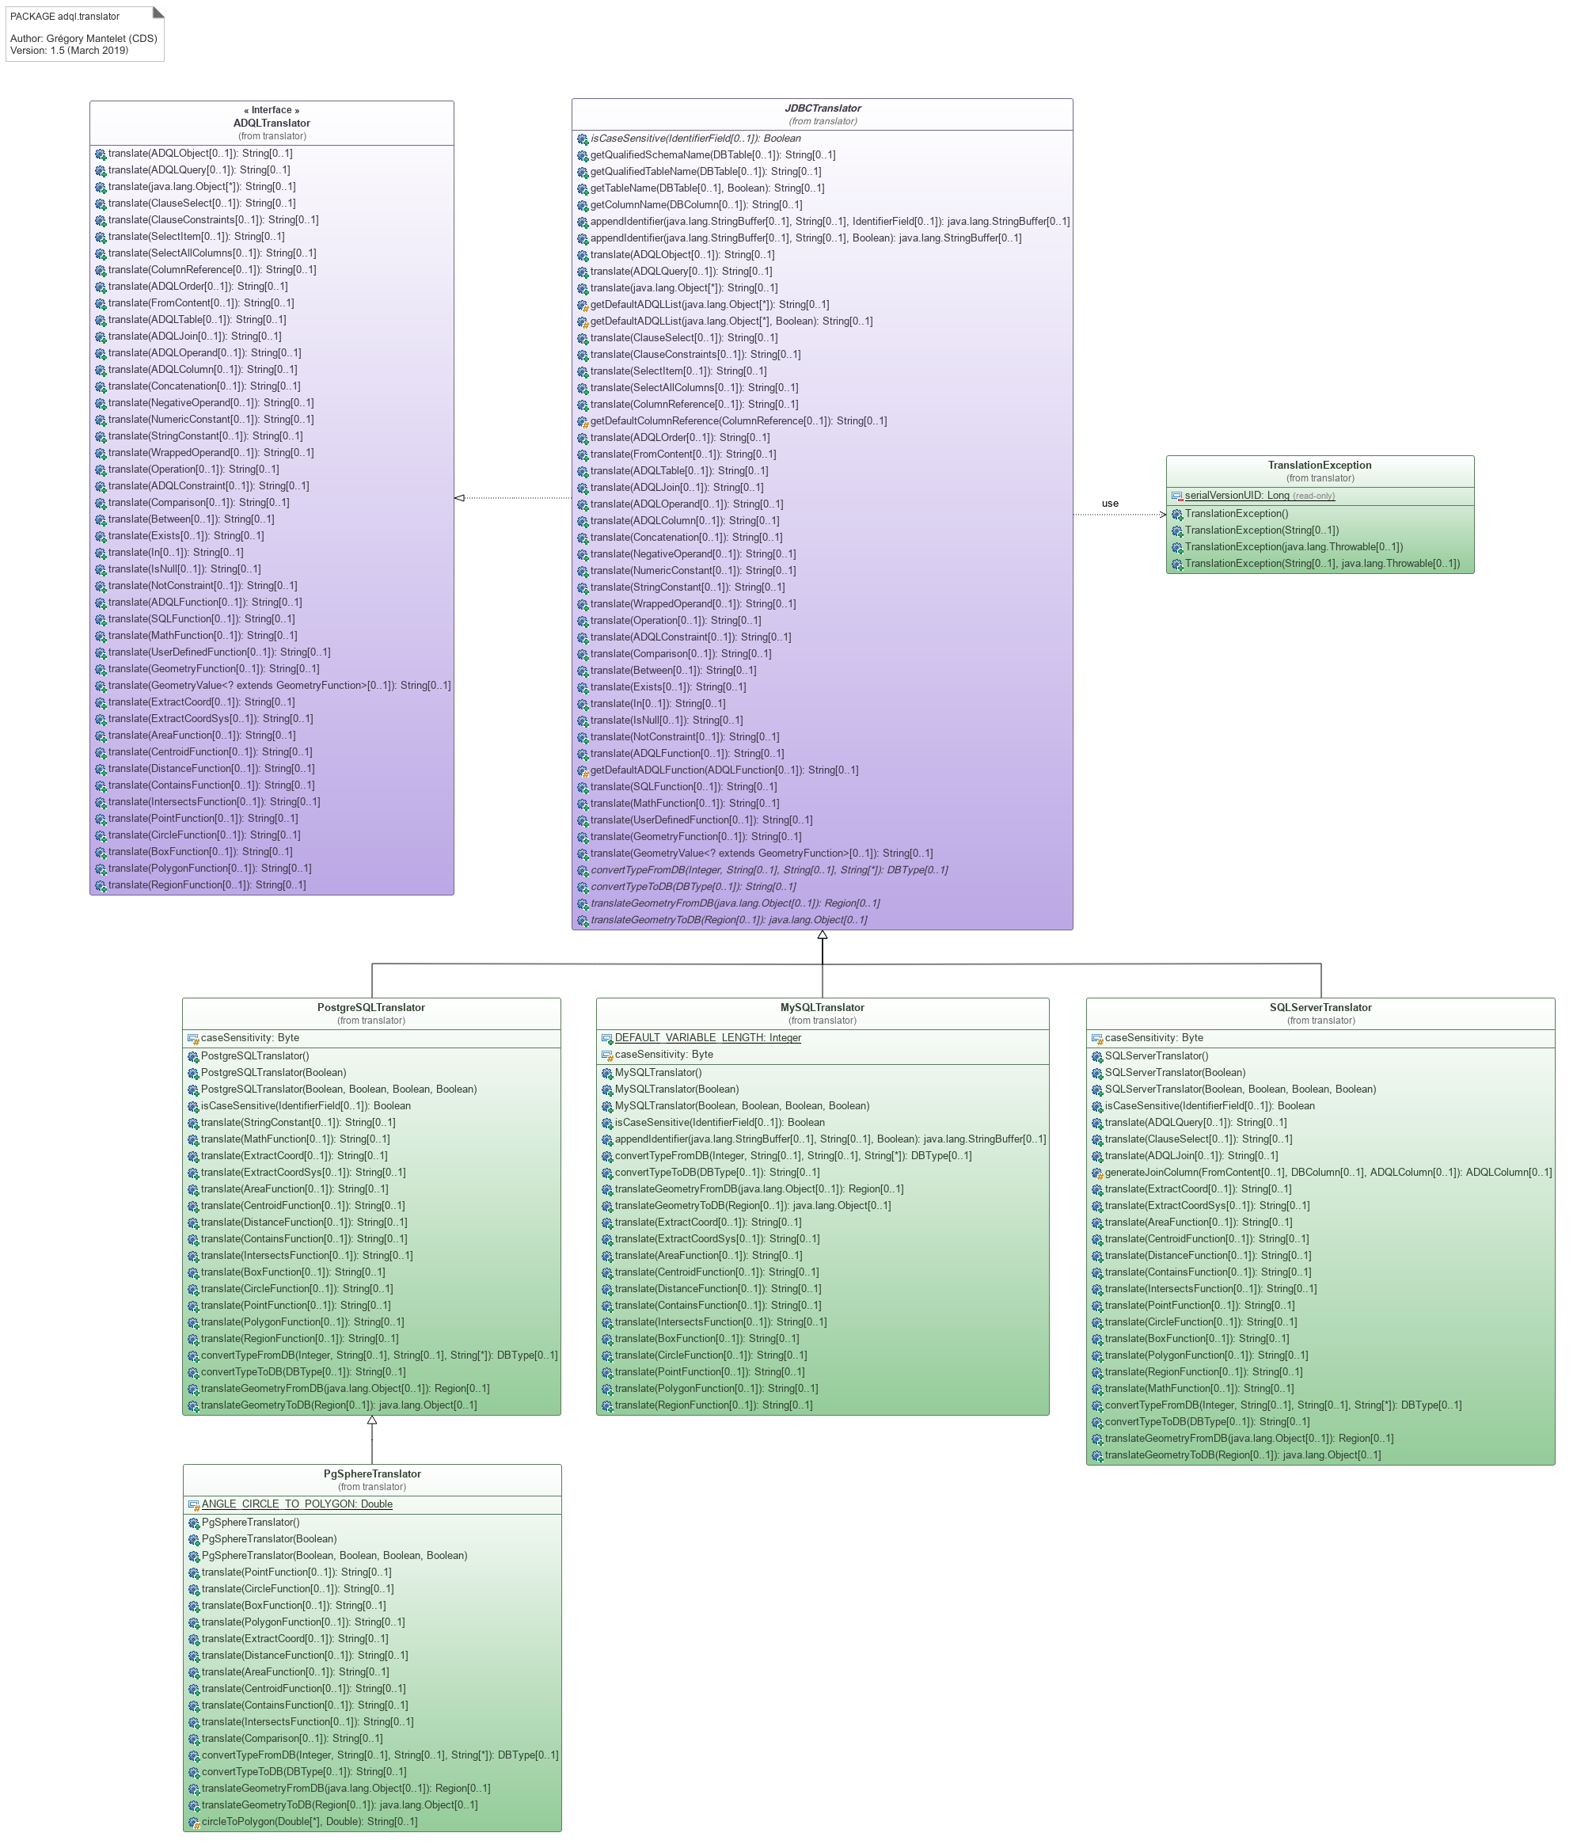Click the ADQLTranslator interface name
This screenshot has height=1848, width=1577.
click(272, 123)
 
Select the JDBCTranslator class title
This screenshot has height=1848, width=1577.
click(822, 108)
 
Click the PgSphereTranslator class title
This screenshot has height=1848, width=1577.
click(372, 1473)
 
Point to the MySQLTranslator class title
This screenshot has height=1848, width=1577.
click(822, 1007)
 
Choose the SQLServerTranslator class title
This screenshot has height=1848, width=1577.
click(1320, 1007)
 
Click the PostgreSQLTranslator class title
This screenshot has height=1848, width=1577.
click(371, 1007)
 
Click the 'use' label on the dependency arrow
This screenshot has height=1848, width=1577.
click(1110, 503)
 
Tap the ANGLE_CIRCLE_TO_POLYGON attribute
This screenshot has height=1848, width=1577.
click(296, 1504)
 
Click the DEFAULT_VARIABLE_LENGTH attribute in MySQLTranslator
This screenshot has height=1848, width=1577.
click(707, 1037)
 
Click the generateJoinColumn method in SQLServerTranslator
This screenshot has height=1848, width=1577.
click(1328, 1172)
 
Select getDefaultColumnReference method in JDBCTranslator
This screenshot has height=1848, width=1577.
click(738, 421)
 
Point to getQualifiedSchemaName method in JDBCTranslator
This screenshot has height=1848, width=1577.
click(712, 154)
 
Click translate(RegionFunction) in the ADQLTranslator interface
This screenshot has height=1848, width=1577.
click(206, 884)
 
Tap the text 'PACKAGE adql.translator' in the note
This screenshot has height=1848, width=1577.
click(64, 16)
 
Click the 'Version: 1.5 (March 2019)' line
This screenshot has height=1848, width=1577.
click(69, 50)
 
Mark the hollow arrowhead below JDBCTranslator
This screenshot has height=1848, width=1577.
click(822, 936)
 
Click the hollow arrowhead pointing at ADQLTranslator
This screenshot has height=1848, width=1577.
click(459, 498)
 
